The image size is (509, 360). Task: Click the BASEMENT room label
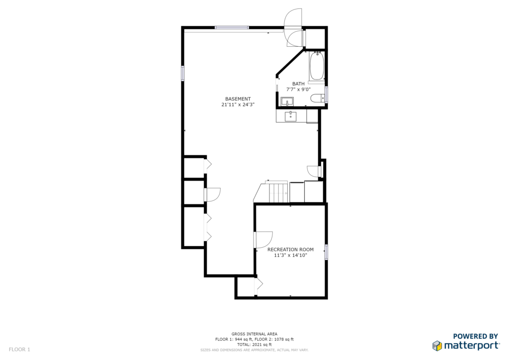pyautogui.click(x=238, y=98)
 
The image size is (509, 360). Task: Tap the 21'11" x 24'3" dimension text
pyautogui.click(x=238, y=104)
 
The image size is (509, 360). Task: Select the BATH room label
pyautogui.click(x=298, y=84)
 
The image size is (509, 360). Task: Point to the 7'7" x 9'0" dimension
pyautogui.click(x=298, y=90)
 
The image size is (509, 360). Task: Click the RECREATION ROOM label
pyautogui.click(x=290, y=250)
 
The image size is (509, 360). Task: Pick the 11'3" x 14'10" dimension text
pyautogui.click(x=290, y=255)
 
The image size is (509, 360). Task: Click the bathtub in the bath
pyautogui.click(x=317, y=66)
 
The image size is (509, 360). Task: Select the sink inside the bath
pyautogui.click(x=287, y=101)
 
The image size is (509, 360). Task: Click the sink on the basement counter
pyautogui.click(x=291, y=116)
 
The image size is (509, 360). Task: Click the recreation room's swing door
pyautogui.click(x=263, y=240)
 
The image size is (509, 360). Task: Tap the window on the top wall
pyautogui.click(x=232, y=27)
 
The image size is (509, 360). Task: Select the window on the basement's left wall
pyautogui.click(x=182, y=73)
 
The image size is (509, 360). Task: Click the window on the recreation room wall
pyautogui.click(x=326, y=252)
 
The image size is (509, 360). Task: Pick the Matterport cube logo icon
pyautogui.click(x=437, y=346)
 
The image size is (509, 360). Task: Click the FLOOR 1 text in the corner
pyautogui.click(x=19, y=349)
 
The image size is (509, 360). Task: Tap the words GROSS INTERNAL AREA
pyautogui.click(x=254, y=334)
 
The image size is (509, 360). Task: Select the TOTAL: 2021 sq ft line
pyautogui.click(x=254, y=345)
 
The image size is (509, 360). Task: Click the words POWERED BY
pyautogui.click(x=476, y=336)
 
